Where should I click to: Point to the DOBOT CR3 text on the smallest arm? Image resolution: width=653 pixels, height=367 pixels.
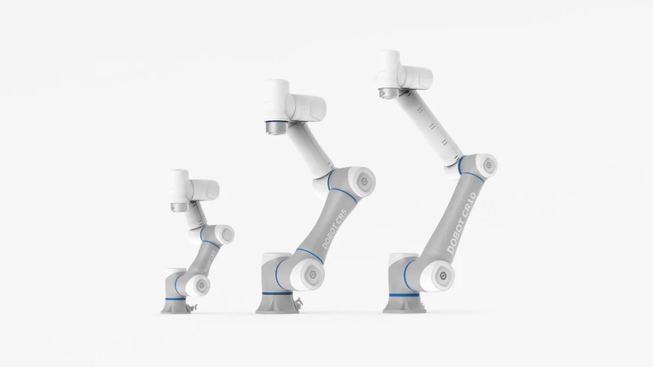click(209, 262)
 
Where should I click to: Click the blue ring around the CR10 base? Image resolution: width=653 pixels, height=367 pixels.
click(403, 294)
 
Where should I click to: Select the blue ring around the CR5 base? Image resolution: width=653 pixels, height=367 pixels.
click(276, 294)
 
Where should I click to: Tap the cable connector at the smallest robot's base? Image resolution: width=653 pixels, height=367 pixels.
click(190, 308)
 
